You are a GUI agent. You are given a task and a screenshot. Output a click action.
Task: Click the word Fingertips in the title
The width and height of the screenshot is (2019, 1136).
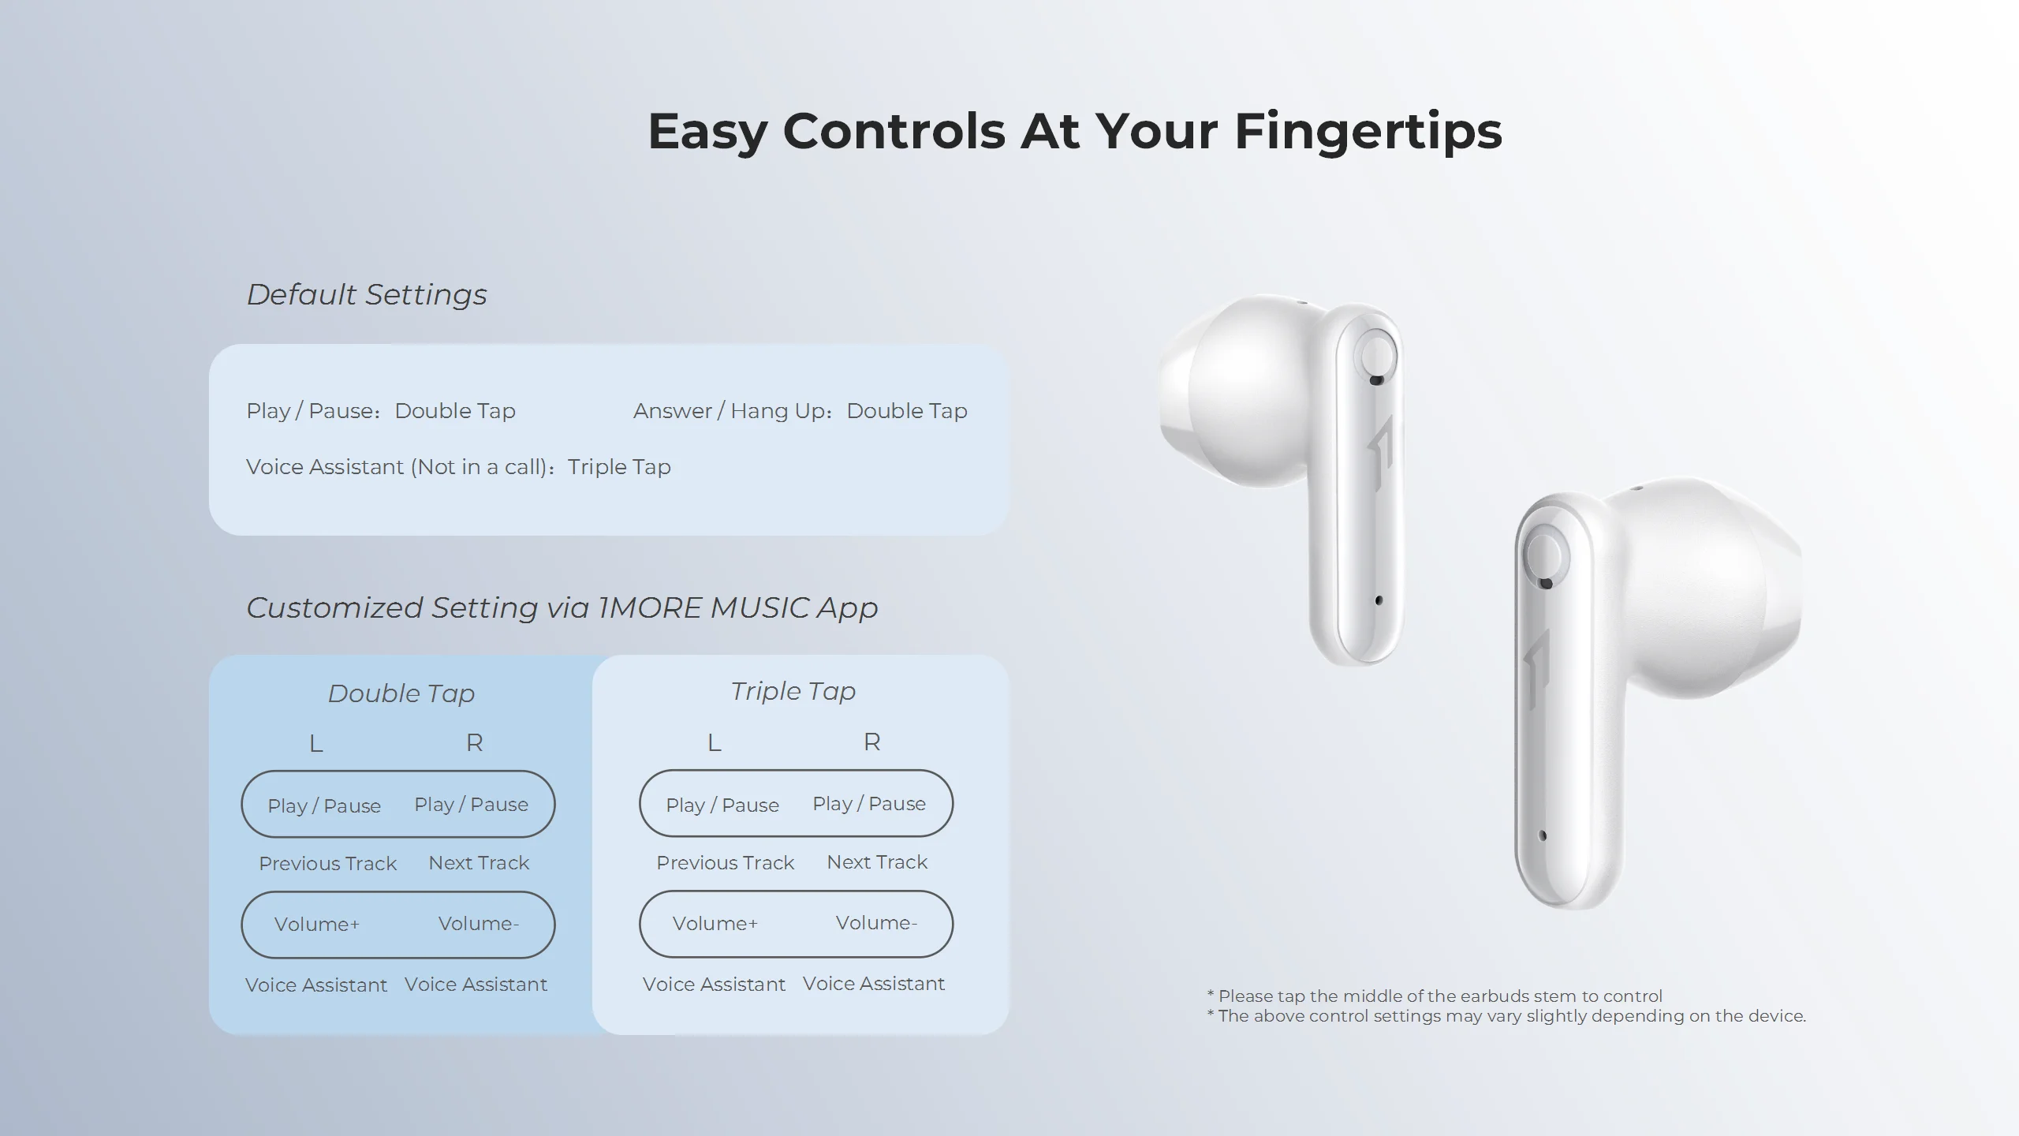click(1368, 131)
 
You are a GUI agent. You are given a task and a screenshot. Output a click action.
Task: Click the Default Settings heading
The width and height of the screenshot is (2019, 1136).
click(367, 294)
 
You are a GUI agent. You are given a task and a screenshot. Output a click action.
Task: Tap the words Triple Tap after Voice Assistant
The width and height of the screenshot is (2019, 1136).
click(619, 467)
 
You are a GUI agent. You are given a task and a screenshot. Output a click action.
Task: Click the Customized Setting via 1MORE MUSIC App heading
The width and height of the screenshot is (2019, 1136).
click(562, 607)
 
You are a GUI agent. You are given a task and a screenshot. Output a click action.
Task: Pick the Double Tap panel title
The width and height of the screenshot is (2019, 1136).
click(401, 693)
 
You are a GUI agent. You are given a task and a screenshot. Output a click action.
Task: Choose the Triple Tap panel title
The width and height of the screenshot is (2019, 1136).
click(793, 691)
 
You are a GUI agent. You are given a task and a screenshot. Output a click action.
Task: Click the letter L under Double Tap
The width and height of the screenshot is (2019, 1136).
click(315, 743)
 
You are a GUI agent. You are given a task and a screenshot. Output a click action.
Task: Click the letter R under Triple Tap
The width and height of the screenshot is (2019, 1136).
click(871, 742)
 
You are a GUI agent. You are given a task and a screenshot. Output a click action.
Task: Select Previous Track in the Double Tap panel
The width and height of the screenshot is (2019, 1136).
click(327, 864)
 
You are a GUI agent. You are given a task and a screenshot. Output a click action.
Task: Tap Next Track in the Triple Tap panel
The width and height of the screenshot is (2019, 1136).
click(876, 862)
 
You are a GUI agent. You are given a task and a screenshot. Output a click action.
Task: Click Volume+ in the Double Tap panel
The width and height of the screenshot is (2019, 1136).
click(316, 925)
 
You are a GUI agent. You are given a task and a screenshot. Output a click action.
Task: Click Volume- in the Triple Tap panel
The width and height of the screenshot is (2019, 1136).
click(876, 923)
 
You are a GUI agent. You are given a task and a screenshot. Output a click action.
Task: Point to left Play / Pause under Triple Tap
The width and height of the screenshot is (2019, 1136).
click(722, 805)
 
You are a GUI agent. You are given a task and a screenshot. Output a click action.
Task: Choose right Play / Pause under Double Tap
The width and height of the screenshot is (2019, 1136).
click(471, 805)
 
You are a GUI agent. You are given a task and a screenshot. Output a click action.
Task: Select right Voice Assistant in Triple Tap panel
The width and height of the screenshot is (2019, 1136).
click(873, 984)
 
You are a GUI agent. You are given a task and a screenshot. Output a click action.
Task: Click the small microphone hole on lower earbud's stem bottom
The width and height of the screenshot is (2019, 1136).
click(1543, 835)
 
